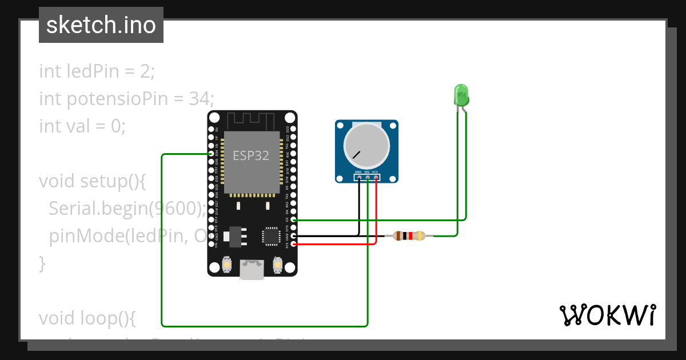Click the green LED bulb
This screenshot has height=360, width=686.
461,94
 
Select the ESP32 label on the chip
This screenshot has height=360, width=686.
250,155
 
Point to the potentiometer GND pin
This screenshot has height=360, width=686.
358,178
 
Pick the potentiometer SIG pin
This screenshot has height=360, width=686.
367,178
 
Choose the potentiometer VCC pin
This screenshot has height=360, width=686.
376,178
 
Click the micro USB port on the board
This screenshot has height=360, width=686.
252,270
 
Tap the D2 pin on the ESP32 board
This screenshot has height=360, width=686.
293,219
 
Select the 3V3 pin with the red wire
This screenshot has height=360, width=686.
293,244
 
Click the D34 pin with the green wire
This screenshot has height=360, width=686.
212,154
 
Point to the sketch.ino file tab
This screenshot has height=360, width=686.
101,25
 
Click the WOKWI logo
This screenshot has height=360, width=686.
607,315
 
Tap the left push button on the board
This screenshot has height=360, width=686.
227,266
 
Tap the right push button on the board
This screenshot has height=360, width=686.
278,266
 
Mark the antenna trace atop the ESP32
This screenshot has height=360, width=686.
252,121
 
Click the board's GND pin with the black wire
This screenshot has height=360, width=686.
293,235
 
